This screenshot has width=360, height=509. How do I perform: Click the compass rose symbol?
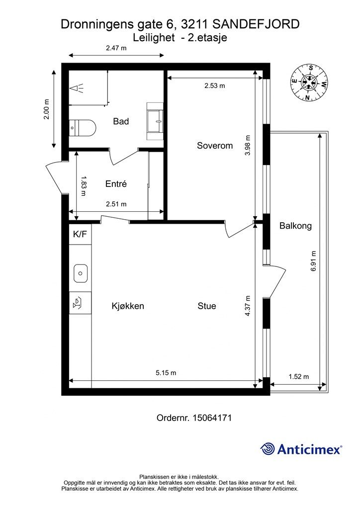[x=309, y=83]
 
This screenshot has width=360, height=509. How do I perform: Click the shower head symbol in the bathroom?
[x=77, y=88]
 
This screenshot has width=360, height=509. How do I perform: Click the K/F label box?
[x=80, y=235]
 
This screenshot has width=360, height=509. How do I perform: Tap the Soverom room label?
[x=215, y=146]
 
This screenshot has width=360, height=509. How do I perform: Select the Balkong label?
[x=295, y=226]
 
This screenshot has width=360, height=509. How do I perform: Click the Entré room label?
[x=116, y=184]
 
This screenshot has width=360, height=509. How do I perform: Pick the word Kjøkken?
[x=128, y=306]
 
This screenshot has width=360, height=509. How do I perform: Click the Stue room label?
[x=207, y=306]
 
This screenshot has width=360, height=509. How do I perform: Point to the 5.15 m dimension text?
[x=166, y=373]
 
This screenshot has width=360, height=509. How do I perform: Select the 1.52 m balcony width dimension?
[x=298, y=377]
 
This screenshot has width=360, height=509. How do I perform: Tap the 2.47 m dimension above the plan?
[x=116, y=48]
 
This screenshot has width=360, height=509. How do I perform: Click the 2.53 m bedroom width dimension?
[x=215, y=85]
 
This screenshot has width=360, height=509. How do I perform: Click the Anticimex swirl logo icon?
[x=268, y=449]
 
